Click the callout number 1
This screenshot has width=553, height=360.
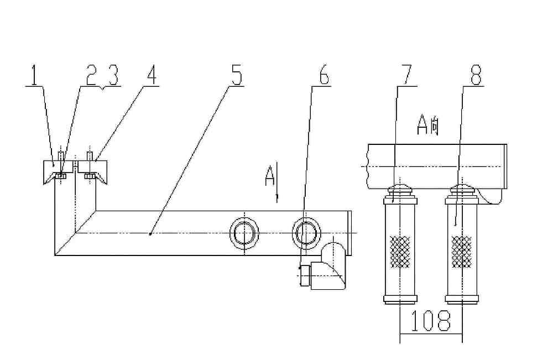pyautogui.click(x=34, y=75)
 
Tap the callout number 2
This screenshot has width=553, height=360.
pyautogui.click(x=91, y=75)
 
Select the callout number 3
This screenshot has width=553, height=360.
pyautogui.click(x=113, y=75)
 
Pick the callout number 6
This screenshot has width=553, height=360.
pyautogui.click(x=324, y=75)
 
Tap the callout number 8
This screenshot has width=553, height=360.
pyautogui.click(x=476, y=75)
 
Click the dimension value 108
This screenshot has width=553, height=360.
pyautogui.click(x=431, y=321)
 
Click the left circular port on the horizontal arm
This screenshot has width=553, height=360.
pyautogui.click(x=244, y=233)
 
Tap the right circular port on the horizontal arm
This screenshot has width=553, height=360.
pyautogui.click(x=306, y=233)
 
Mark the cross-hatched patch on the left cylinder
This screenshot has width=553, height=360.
pyautogui.click(x=400, y=252)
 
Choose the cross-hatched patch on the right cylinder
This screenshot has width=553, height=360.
pyautogui.click(x=462, y=252)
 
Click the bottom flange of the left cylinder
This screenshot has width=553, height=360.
pyautogui.click(x=400, y=300)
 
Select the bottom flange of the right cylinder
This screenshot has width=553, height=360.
pyautogui.click(x=462, y=300)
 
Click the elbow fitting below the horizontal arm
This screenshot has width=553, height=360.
pyautogui.click(x=323, y=268)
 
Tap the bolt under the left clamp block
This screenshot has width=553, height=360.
pyautogui.click(x=61, y=176)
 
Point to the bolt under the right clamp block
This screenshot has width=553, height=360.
pyautogui.click(x=90, y=176)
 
